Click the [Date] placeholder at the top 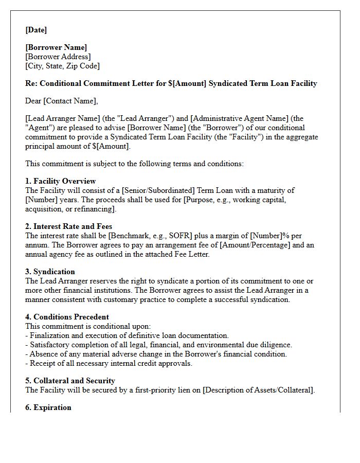tap(36, 30)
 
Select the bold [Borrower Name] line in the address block tap(56, 47)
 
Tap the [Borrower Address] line tap(58, 57)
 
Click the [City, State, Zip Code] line tap(62, 66)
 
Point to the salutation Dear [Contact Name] tap(61, 101)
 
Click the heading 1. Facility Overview tap(60, 181)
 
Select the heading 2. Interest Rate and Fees tap(68, 226)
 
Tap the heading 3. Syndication tap(50, 272)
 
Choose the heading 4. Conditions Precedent tap(67, 317)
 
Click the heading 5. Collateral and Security tap(70, 381)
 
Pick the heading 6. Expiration tap(48, 407)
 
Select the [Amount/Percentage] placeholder tap(254, 245)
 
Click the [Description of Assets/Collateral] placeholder tap(258, 390)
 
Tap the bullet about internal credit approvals tap(109, 363)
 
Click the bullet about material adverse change tap(156, 354)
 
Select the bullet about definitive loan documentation tap(127, 335)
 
